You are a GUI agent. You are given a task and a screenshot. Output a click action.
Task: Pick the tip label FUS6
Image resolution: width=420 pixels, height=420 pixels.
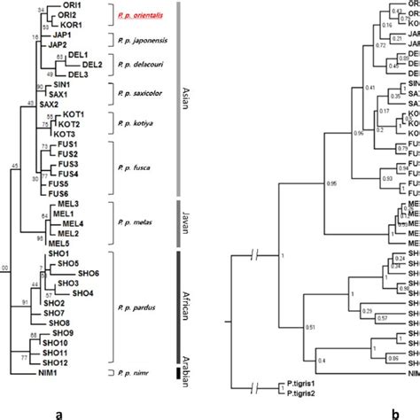59,194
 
